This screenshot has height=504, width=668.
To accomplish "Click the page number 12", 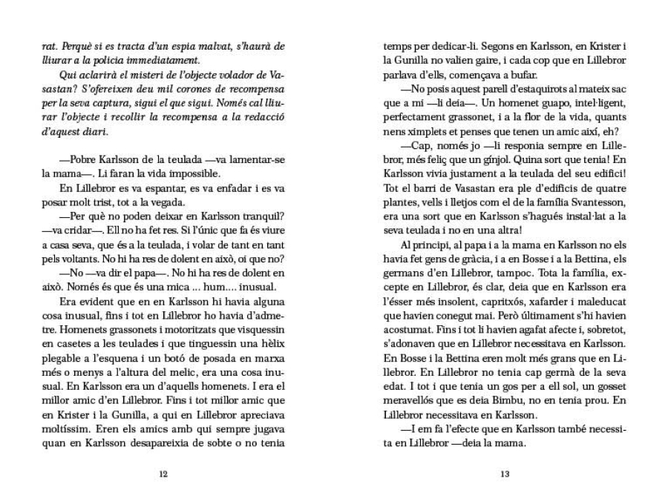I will pyautogui.click(x=163, y=474).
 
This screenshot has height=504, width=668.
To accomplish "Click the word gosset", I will pyautogui.click(x=606, y=384).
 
